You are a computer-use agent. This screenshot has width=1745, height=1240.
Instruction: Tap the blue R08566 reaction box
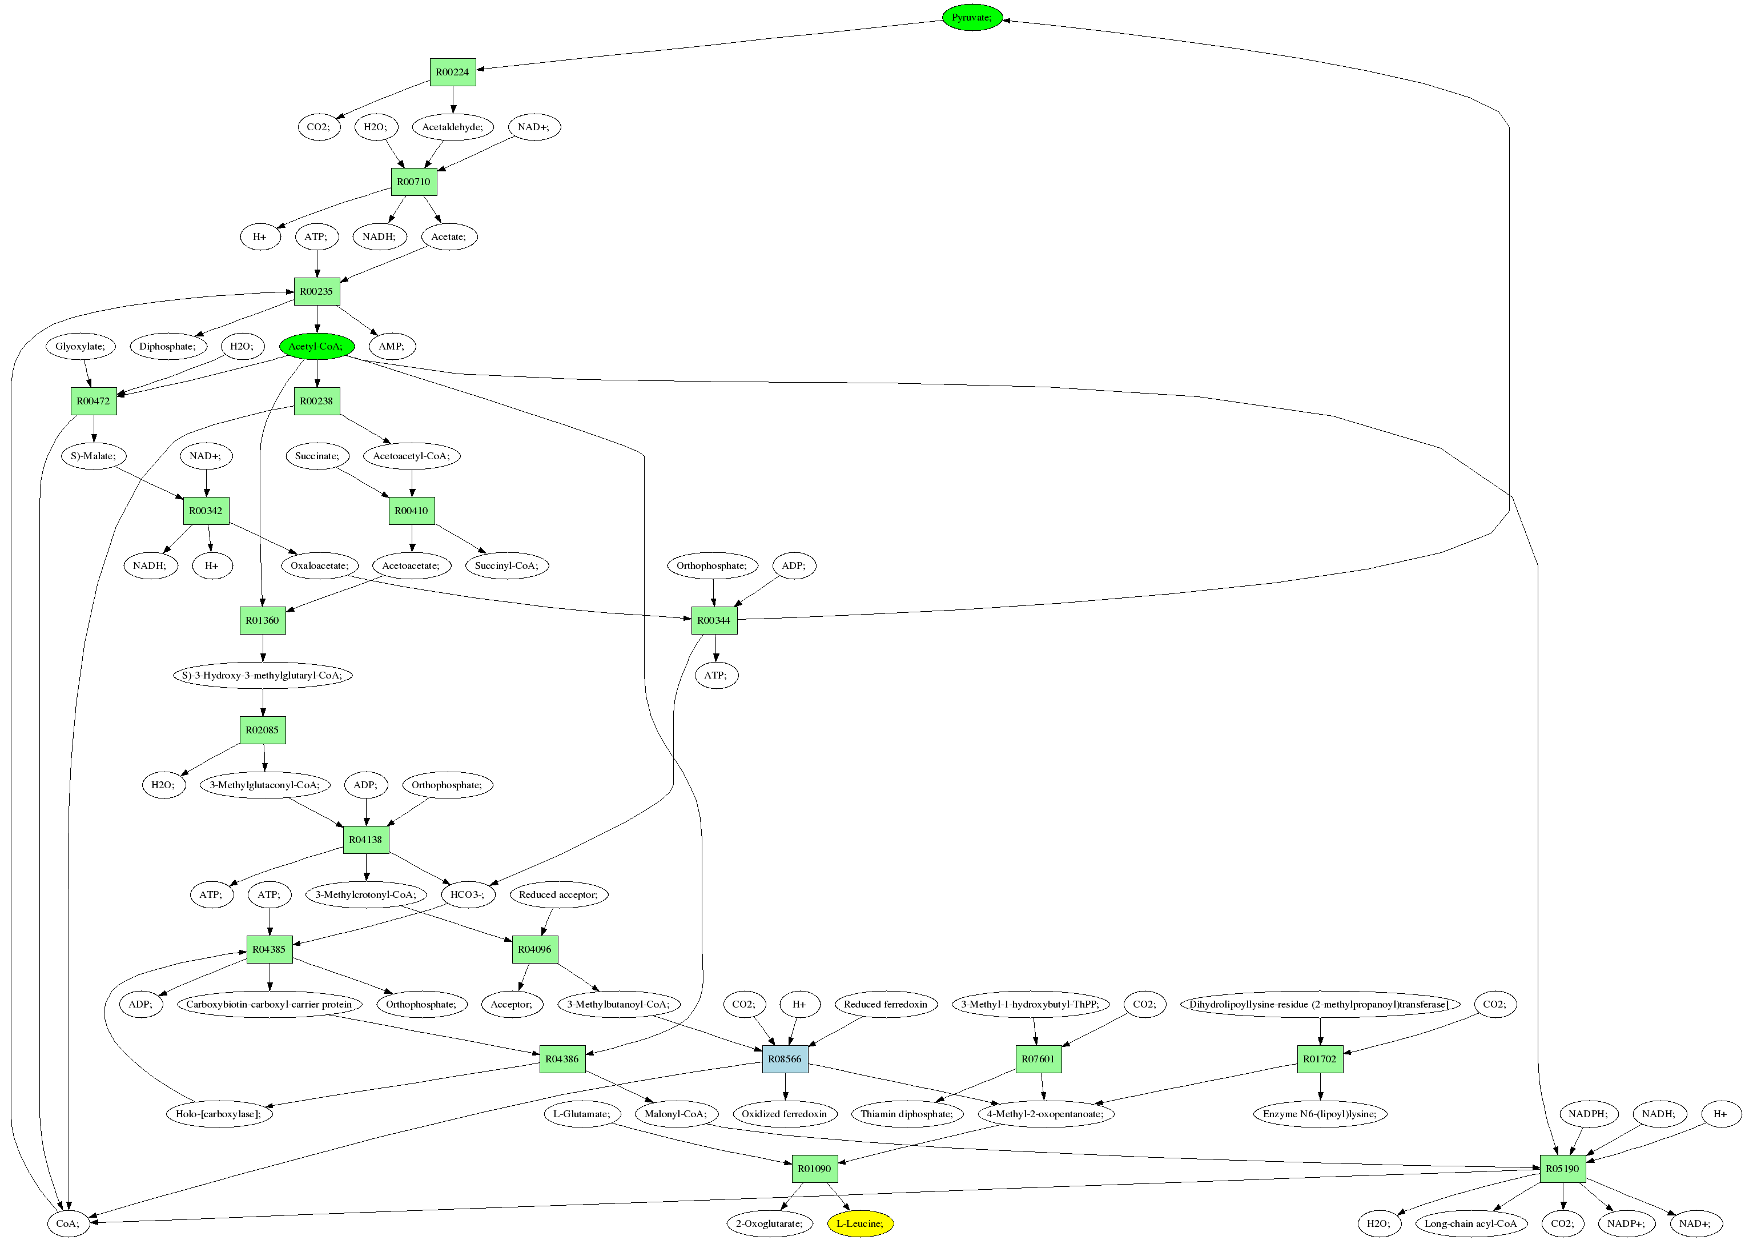point(785,1058)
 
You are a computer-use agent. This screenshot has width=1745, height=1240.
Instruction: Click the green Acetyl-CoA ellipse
point(316,346)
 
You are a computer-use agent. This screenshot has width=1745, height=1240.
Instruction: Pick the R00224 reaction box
point(453,72)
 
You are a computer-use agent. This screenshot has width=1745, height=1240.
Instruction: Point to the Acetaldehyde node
point(453,127)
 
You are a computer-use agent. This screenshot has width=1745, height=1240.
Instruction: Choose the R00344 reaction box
point(714,620)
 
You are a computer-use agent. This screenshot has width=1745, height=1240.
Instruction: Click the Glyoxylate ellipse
point(80,346)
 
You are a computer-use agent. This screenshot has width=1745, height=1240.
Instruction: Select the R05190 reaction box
point(1562,1168)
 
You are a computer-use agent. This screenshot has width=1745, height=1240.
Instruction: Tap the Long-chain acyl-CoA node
point(1470,1223)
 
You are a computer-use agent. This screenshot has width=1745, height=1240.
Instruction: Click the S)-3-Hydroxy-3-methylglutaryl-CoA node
point(263,675)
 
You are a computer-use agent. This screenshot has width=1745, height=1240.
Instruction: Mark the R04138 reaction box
point(365,839)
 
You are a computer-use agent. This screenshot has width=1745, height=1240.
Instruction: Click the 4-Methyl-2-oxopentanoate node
point(1045,1113)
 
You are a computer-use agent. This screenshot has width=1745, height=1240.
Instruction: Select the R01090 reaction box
point(814,1168)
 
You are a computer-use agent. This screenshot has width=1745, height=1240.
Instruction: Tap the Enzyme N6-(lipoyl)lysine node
point(1320,1113)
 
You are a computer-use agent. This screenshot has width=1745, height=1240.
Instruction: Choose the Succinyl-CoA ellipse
point(506,565)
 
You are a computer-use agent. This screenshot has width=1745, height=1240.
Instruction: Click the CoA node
point(68,1223)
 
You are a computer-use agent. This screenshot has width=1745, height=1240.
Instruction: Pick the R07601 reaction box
point(1038,1058)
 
